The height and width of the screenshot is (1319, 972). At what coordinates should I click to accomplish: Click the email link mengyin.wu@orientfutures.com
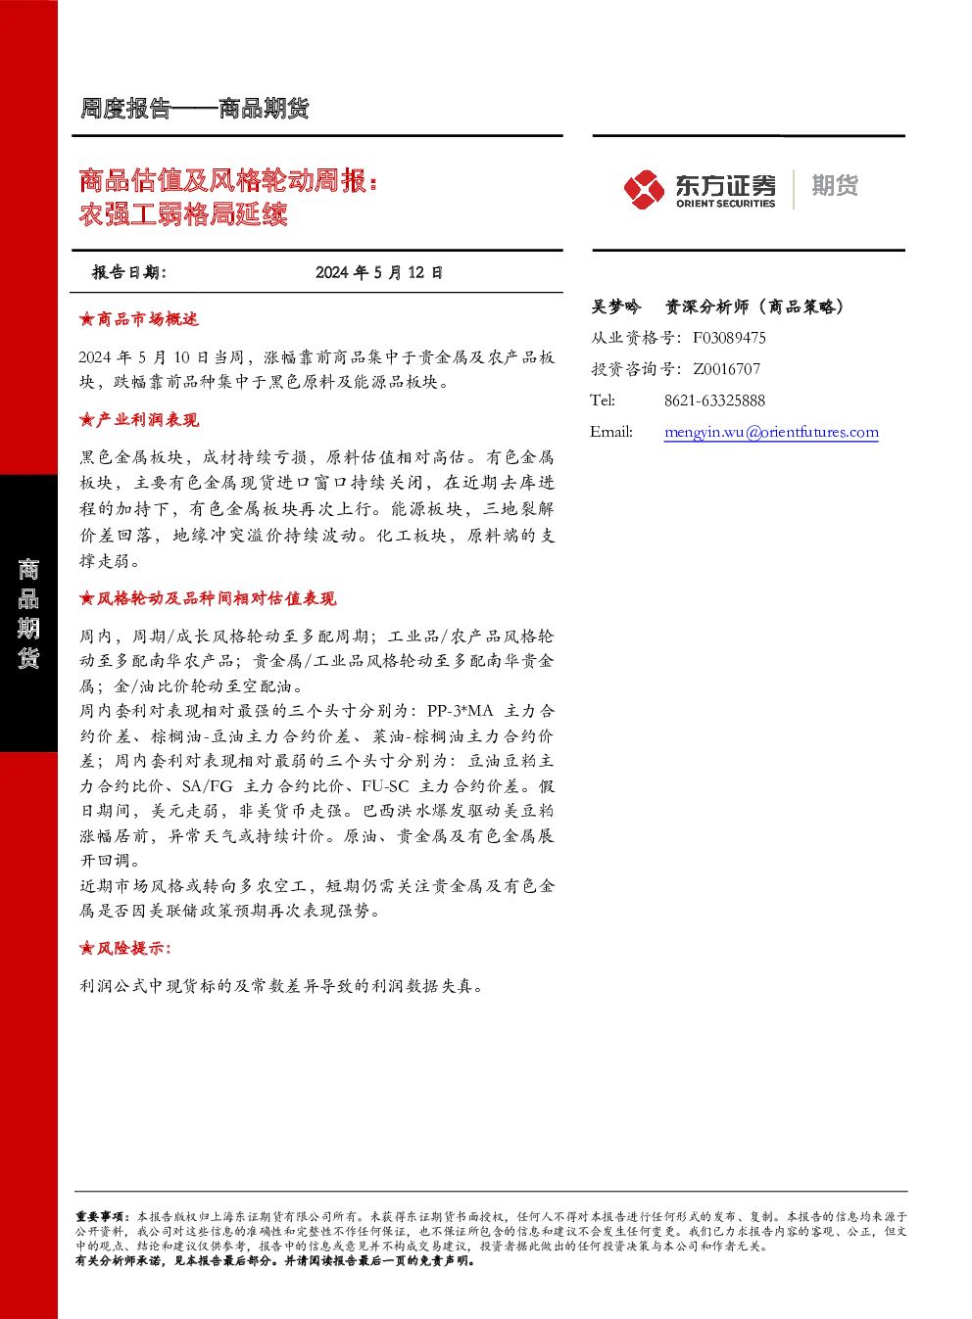point(771,432)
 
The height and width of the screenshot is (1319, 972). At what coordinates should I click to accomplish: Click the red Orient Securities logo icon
point(644,189)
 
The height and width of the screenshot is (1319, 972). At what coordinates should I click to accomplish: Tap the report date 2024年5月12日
point(379,272)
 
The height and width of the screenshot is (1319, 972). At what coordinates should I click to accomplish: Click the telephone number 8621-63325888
point(714,400)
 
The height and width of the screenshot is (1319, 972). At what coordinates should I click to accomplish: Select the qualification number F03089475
point(729,338)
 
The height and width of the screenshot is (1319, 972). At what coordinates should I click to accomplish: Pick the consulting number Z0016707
point(726,368)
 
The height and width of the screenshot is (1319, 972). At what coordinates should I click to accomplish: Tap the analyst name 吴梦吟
point(615,306)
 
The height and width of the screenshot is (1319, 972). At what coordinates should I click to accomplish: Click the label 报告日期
point(129,272)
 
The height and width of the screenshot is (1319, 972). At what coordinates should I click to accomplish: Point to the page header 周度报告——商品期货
point(194,109)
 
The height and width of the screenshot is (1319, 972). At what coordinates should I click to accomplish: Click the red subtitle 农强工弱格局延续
point(183,213)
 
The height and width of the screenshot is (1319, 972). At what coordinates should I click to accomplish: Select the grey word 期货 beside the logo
point(835,185)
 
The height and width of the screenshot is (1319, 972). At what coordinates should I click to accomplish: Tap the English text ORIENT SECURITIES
point(726,204)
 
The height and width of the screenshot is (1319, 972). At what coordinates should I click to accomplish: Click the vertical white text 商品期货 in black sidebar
point(28,613)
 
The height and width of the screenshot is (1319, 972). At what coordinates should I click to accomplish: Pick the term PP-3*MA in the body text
point(460,711)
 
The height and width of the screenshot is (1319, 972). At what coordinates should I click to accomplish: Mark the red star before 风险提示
point(86,949)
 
